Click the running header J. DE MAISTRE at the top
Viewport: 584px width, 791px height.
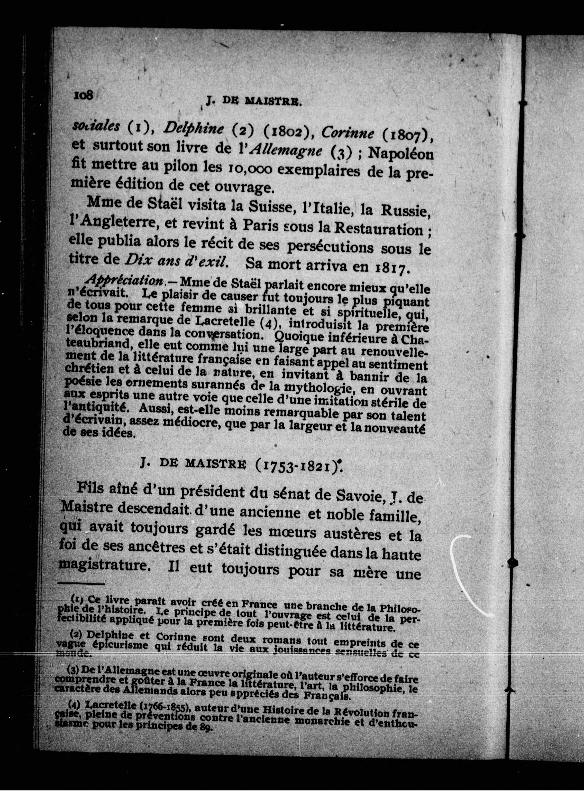(253, 102)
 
